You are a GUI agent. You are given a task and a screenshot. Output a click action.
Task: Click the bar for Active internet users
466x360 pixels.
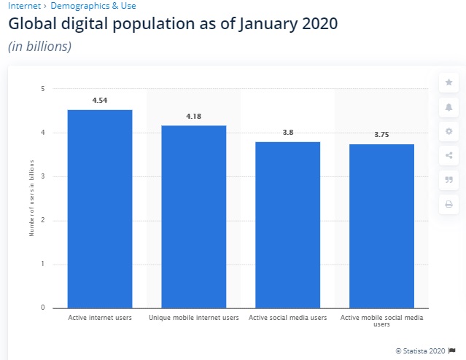coord(100,208)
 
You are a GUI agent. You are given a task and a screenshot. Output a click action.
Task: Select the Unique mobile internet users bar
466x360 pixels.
coord(194,216)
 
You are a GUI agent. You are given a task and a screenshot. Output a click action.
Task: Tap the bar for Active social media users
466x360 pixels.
coord(287,224)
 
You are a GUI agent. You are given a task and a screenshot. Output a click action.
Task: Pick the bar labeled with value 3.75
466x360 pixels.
coord(381,226)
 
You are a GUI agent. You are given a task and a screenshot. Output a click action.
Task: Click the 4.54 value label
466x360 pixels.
coord(100,101)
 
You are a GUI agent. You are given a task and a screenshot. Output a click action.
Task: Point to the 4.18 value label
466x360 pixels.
coord(194,117)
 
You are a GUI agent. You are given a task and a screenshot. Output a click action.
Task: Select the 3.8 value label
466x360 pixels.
coord(287,133)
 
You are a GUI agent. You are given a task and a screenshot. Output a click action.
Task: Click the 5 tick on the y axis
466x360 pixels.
coord(42,89)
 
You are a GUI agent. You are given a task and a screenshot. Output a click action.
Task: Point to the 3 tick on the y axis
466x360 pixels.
coord(42,176)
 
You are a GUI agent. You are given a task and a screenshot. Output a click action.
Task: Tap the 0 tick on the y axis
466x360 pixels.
coord(42,308)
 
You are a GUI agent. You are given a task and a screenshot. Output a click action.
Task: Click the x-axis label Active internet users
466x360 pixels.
coord(100,318)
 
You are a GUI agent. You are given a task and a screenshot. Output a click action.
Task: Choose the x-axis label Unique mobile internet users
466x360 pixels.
coord(194,318)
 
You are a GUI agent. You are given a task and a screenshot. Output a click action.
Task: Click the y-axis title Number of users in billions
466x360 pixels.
coord(31,198)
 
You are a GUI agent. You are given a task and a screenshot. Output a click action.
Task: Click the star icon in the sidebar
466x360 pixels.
coord(448,82)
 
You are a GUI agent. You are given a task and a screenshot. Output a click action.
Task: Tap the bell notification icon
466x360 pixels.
coord(448,107)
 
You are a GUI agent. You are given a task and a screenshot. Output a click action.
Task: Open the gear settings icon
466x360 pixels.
coord(448,132)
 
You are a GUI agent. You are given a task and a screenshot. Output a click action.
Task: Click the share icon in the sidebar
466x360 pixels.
coord(448,155)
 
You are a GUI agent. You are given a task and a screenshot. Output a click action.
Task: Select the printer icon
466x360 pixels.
coord(448,205)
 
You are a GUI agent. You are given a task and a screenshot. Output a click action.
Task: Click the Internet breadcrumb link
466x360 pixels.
coord(24,5)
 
